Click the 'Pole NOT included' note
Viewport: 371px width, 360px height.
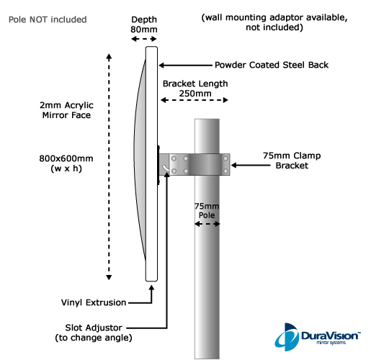tap(48, 19)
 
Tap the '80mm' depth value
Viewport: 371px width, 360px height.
tap(144, 30)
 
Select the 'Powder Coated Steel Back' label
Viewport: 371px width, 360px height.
tap(272, 65)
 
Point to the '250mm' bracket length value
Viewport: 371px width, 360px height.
tap(195, 93)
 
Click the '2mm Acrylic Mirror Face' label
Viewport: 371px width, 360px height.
tap(66, 110)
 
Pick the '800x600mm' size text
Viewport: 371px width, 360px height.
tap(66, 158)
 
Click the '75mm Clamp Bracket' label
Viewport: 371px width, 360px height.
tap(292, 161)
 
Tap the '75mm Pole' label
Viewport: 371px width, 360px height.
tap(207, 210)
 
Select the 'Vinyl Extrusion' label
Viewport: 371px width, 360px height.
tap(94, 302)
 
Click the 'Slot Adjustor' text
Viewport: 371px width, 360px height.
tap(94, 328)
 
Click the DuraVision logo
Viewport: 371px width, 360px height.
tap(318, 337)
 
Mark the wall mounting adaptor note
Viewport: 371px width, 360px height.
tap(274, 22)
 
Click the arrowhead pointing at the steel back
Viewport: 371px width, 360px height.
tap(161, 65)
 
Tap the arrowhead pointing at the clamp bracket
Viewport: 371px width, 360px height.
tap(233, 165)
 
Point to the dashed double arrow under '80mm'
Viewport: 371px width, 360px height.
tap(144, 39)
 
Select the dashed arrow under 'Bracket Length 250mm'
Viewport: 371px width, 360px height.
tap(195, 100)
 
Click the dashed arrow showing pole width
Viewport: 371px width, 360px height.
tap(207, 224)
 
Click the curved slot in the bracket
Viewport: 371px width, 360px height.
tap(166, 168)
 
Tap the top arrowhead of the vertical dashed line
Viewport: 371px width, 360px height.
tap(109, 57)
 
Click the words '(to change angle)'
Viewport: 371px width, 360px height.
tap(94, 338)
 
